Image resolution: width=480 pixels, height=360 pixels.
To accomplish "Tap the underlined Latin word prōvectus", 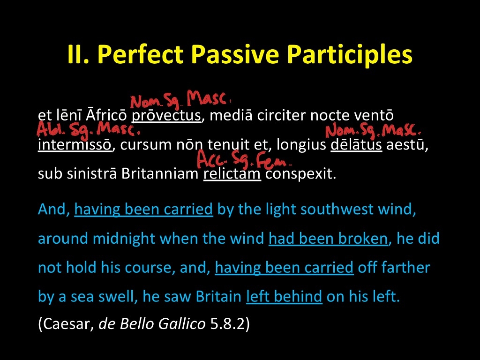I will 166,115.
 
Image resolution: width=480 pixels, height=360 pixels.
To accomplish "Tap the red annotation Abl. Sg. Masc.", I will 87,128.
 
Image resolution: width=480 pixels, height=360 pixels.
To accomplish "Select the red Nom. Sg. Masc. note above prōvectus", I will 180,100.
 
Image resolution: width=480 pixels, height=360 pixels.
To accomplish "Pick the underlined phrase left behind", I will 284,297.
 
